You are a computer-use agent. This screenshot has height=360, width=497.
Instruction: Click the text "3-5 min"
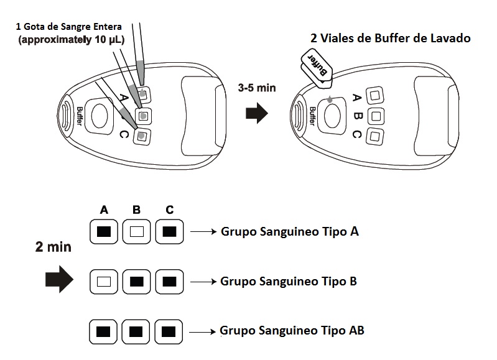coord(256,88)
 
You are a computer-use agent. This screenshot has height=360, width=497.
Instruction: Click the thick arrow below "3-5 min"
coord(256,114)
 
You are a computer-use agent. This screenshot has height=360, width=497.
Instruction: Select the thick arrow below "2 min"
coord(60,281)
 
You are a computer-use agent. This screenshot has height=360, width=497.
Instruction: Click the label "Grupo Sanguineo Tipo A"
coord(289,232)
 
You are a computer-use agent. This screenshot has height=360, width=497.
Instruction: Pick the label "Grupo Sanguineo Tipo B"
coord(289,281)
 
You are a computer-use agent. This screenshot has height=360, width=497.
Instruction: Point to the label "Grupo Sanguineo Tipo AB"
coord(292,330)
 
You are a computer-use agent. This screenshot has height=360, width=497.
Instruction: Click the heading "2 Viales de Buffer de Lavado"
coord(390,39)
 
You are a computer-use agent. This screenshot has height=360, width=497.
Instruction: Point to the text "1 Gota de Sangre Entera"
coord(70,27)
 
